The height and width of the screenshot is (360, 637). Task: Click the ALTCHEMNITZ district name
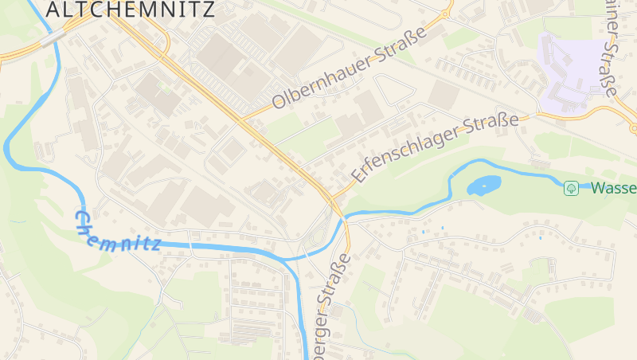coord(131,9)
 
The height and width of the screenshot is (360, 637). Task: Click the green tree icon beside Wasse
coord(571,188)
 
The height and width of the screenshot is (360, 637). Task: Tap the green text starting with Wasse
coord(613,189)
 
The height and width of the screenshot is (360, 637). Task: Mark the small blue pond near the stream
coord(483,186)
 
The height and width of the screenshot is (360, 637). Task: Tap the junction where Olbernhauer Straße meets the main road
coord(242,119)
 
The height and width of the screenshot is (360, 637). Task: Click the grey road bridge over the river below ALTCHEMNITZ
coord(51,37)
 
